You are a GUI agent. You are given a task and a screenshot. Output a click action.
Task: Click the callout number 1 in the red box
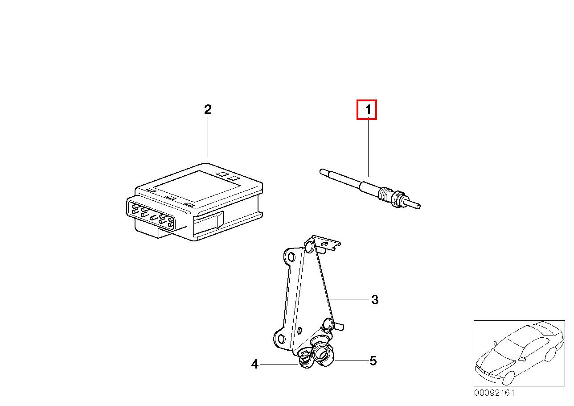(368, 109)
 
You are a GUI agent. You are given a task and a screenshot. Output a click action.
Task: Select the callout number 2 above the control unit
(208, 109)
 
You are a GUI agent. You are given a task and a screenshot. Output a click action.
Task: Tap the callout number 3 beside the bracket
(375, 299)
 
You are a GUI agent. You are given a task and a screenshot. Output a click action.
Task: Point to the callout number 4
(254, 364)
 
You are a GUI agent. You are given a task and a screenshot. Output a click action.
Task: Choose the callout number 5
(373, 361)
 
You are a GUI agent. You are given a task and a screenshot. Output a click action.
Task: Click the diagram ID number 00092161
(494, 393)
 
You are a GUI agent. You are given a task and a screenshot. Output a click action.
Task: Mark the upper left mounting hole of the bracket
(291, 256)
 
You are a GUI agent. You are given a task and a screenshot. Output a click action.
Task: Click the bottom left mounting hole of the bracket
(281, 339)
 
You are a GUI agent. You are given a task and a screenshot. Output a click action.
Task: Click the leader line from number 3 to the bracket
(349, 299)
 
